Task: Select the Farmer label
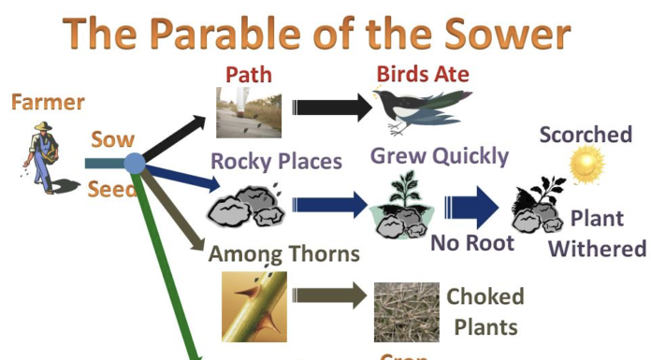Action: pyautogui.click(x=48, y=102)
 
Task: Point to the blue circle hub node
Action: pyautogui.click(x=134, y=164)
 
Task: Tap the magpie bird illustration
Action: pyautogui.click(x=417, y=108)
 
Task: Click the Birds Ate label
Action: pyautogui.click(x=422, y=74)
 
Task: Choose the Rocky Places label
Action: pyautogui.click(x=276, y=161)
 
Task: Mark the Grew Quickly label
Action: pyautogui.click(x=440, y=155)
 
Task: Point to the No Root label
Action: pyautogui.click(x=472, y=243)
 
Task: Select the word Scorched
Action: pyautogui.click(x=586, y=135)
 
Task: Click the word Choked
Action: pyautogui.click(x=485, y=297)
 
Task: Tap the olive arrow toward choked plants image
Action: pyautogui.click(x=326, y=297)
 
